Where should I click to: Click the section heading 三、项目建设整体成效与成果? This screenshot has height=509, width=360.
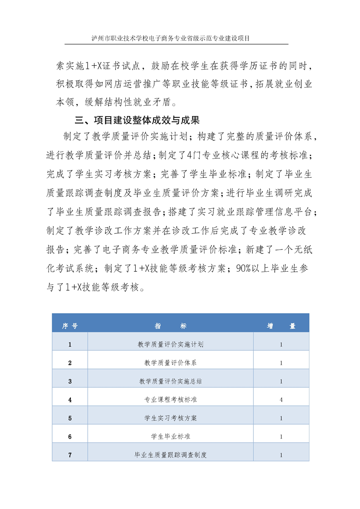[137, 121]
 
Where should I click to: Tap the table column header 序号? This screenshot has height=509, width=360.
[69, 326]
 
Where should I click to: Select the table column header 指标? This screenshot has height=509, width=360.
[170, 326]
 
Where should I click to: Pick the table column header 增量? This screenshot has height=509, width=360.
[281, 326]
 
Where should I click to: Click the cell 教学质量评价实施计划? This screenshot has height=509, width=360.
[170, 344]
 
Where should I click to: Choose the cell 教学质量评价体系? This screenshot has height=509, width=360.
[170, 363]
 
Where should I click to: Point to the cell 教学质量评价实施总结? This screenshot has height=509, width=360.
[170, 382]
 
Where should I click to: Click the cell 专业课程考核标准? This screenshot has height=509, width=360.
[170, 400]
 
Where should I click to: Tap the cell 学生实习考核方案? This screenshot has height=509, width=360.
[170, 418]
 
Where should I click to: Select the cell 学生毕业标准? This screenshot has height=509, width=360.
[170, 436]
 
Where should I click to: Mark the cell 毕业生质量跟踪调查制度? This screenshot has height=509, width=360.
[170, 455]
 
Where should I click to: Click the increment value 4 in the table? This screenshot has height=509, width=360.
[281, 400]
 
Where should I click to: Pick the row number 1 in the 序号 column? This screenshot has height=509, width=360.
[69, 344]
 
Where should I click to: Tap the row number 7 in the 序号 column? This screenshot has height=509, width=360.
[69, 455]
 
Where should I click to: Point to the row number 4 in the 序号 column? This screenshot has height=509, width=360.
[69, 400]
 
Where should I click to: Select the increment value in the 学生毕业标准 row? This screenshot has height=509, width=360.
[281, 436]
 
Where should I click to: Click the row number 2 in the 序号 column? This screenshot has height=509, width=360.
[69, 363]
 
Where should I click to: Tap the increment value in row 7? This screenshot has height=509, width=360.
[281, 455]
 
